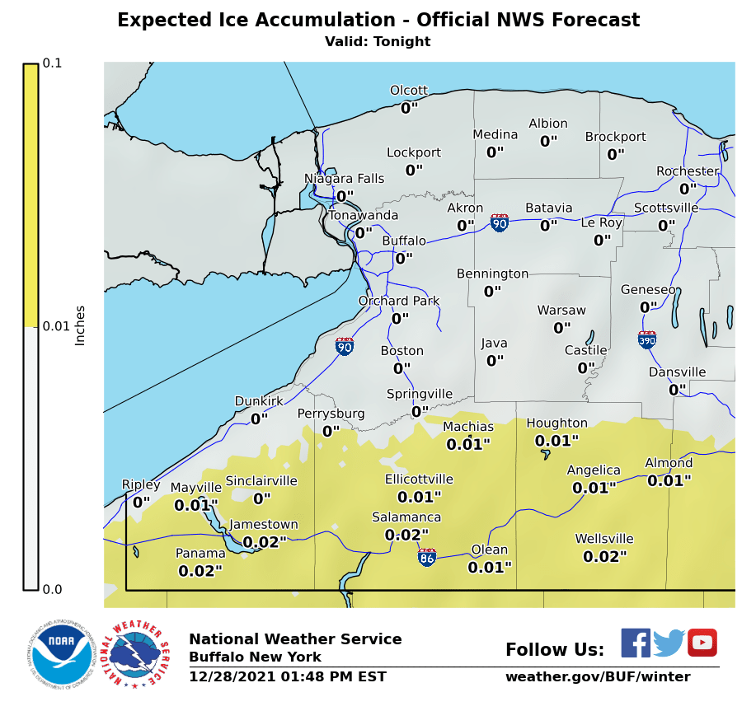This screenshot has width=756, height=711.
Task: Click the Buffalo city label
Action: click(x=404, y=241)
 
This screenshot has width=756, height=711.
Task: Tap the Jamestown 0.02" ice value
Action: click(x=265, y=542)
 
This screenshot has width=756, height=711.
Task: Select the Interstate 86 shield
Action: click(x=427, y=557)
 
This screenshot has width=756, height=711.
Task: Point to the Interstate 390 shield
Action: click(x=647, y=339)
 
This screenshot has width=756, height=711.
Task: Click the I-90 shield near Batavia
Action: click(x=500, y=222)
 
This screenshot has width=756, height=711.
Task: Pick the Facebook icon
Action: click(x=635, y=643)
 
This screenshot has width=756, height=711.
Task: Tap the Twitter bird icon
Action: click(x=669, y=643)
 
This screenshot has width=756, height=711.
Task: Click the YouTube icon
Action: click(x=702, y=643)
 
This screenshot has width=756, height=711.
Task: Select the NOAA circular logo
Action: click(x=59, y=653)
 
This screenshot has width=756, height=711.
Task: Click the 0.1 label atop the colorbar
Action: click(x=52, y=63)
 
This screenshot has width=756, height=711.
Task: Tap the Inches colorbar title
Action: click(x=80, y=325)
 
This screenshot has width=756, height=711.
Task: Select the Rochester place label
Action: click(x=687, y=171)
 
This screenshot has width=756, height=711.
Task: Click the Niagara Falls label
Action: click(x=344, y=179)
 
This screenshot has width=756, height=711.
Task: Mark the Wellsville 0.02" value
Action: click(x=604, y=557)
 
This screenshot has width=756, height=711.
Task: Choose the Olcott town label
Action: click(x=409, y=91)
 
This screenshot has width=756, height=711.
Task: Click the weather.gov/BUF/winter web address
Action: click(x=598, y=677)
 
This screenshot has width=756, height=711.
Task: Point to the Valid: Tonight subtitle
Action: click(x=378, y=42)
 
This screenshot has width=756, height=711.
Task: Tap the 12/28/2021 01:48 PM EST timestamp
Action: click(x=288, y=677)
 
